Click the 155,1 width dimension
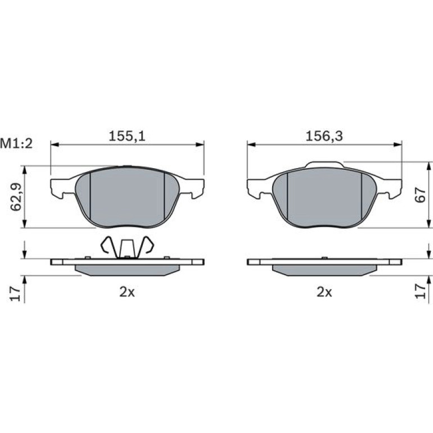point(127,136)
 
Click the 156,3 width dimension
point(324,136)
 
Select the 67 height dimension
point(421,195)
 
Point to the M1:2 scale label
point(16,144)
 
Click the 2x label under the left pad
point(127,292)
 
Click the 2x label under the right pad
point(324,292)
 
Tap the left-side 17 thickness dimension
point(16,294)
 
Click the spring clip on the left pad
point(127,247)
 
